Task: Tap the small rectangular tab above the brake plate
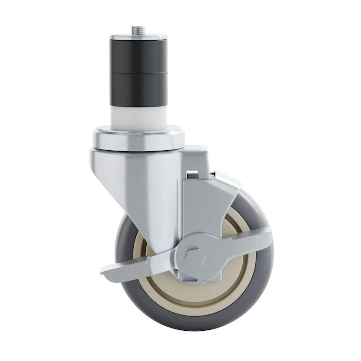click(192, 173)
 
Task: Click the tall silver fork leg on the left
click(135, 203)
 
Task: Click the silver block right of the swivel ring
click(194, 156)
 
